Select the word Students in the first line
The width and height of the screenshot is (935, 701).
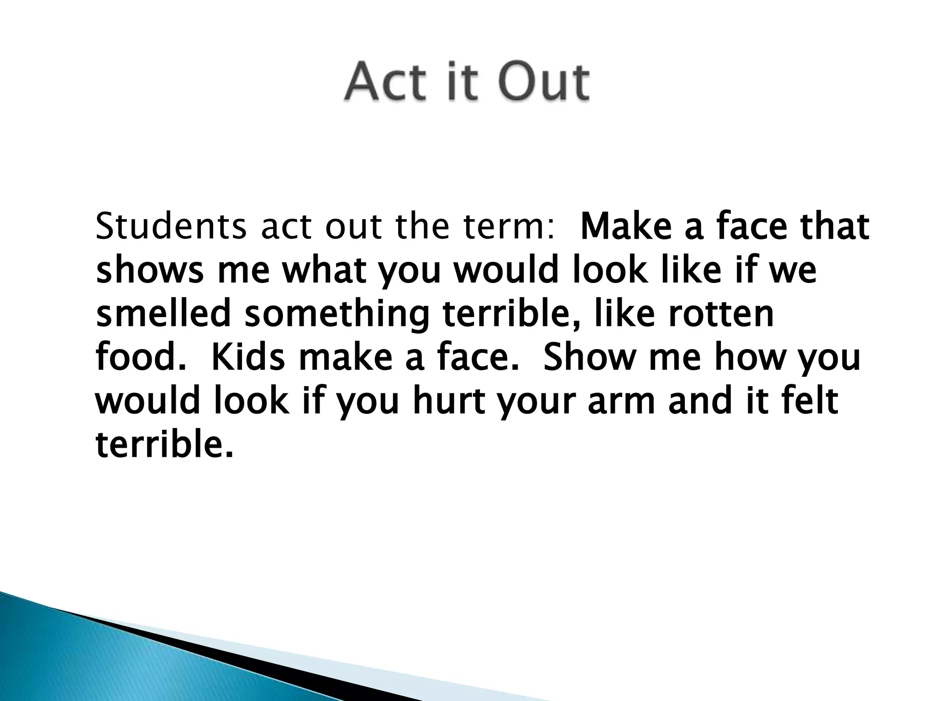coord(170,227)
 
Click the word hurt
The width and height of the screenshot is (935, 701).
coord(448,401)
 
